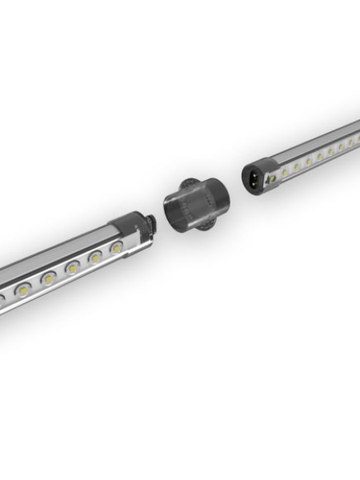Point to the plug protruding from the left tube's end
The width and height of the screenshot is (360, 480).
point(151,223)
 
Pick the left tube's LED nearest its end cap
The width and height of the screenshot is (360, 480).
point(117,249)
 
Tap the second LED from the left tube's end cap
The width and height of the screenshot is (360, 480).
point(95,258)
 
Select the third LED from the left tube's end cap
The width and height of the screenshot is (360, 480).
point(73,267)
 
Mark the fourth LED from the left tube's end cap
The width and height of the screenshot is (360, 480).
point(49,278)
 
